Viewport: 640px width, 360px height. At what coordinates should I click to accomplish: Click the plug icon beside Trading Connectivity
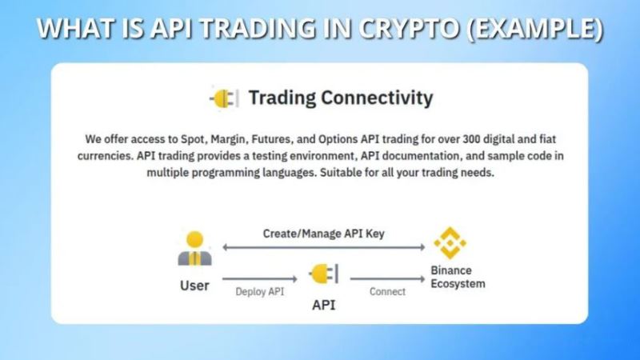(223, 98)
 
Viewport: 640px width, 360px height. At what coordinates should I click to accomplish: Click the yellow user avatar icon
(194, 250)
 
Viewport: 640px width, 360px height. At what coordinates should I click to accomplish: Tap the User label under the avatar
(194, 285)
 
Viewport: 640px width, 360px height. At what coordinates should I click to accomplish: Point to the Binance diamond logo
(450, 243)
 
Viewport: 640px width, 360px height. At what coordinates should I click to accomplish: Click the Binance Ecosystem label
(458, 277)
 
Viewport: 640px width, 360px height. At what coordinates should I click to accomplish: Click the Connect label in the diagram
(387, 291)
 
